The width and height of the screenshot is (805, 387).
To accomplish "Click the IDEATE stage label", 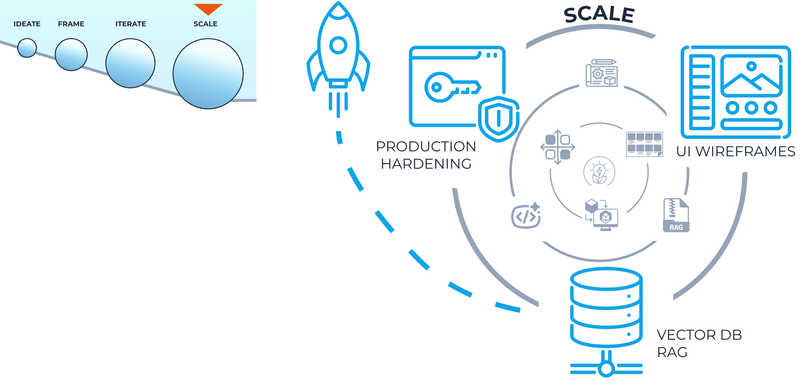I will click(x=27, y=24).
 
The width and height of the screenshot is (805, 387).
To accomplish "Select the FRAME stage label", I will click(x=71, y=24).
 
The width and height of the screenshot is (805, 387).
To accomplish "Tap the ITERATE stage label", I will click(x=131, y=24).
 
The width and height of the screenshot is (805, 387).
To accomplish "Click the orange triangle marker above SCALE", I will click(x=208, y=9).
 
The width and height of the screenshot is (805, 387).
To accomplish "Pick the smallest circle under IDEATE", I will click(x=27, y=48).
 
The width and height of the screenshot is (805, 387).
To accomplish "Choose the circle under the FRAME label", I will click(x=71, y=54).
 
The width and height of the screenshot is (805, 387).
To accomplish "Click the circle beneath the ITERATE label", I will click(x=130, y=63).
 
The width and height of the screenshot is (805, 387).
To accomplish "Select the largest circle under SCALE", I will click(x=208, y=74).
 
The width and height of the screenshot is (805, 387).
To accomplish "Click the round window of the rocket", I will click(x=338, y=45).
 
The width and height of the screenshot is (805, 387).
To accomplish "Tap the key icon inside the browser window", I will click(x=451, y=87).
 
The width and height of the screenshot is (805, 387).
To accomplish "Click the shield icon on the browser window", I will click(x=498, y=119).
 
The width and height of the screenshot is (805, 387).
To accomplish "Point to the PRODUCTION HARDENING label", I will click(x=426, y=155).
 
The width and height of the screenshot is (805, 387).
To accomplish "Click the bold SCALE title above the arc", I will click(x=599, y=15).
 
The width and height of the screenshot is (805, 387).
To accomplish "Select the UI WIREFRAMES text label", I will click(x=735, y=151).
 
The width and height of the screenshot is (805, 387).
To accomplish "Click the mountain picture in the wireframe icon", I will click(x=751, y=76).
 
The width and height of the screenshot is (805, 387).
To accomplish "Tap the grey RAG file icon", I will click(x=676, y=215).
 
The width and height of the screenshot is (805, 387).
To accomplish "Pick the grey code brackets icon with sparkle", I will click(x=526, y=216).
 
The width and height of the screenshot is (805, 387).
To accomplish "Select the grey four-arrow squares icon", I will click(x=558, y=147).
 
